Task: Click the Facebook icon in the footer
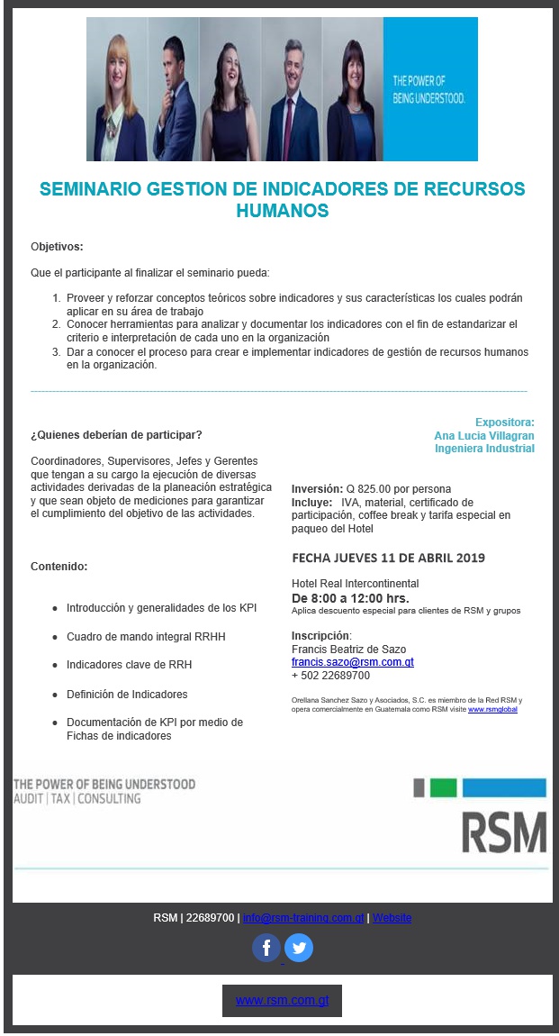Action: pos(266,948)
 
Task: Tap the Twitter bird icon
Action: pos(299,948)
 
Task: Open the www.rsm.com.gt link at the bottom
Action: pos(282,1000)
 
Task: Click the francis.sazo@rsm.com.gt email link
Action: pos(352,662)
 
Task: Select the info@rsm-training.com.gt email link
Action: pos(303,918)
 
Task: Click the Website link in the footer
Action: pos(392,918)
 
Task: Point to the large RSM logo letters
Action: pos(503,831)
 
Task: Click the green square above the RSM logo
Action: pos(443,788)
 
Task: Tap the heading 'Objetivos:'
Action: pos(57,247)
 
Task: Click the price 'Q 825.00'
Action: pos(366,489)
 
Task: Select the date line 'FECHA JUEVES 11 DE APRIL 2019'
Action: pos(389,559)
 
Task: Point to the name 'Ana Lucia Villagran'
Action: pos(484,435)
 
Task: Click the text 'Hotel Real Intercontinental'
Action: pos(355,584)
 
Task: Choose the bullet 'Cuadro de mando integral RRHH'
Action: pos(146,637)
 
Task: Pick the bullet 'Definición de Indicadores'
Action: pos(127,695)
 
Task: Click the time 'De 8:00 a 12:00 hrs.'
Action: pos(350,598)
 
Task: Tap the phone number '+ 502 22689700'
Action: pos(330,676)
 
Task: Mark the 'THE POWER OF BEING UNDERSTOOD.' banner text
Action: pos(428,89)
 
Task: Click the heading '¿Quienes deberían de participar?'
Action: pos(116,435)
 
